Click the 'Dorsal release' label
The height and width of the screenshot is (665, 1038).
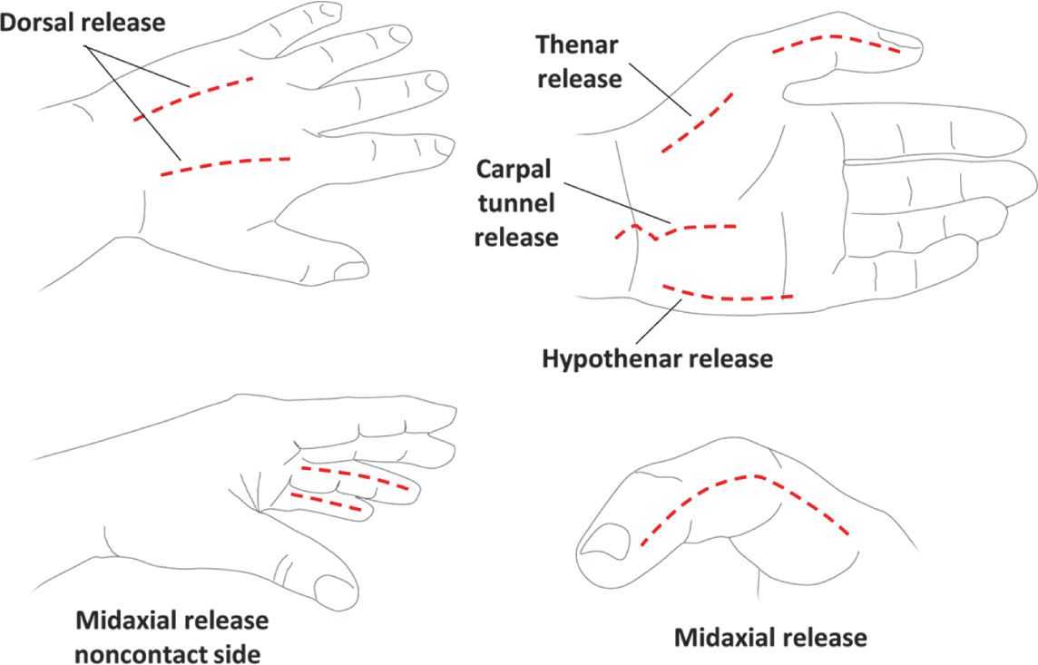[x=83, y=22]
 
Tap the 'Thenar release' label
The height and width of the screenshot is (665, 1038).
[x=579, y=61]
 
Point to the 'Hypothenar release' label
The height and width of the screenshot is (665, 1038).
[x=657, y=358]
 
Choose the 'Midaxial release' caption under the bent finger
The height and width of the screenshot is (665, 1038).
[x=770, y=638]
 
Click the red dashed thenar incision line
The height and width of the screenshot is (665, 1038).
[x=697, y=122]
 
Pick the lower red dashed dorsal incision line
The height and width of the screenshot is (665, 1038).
[x=226, y=163]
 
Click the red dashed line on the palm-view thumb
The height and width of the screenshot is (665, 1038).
[x=836, y=41]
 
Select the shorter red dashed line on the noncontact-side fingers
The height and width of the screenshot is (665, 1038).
[x=327, y=502]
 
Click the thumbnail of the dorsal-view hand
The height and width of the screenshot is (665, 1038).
[x=349, y=269]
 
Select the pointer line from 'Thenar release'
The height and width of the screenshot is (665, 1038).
[x=659, y=84]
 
